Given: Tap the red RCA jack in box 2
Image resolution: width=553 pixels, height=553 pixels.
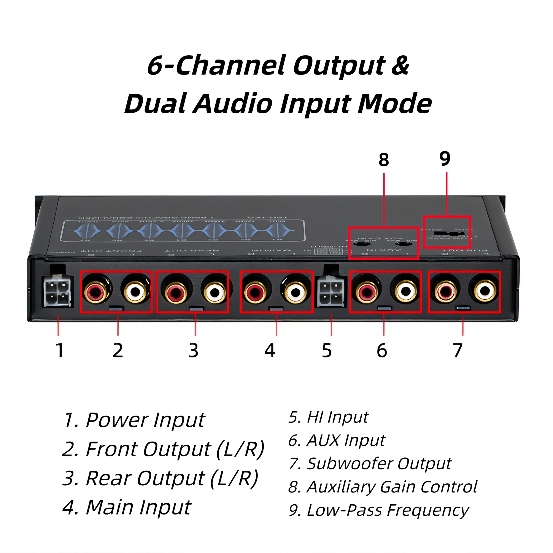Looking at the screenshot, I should [96, 292].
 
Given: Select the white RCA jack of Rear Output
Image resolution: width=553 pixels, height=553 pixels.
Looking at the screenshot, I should [215, 292].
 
